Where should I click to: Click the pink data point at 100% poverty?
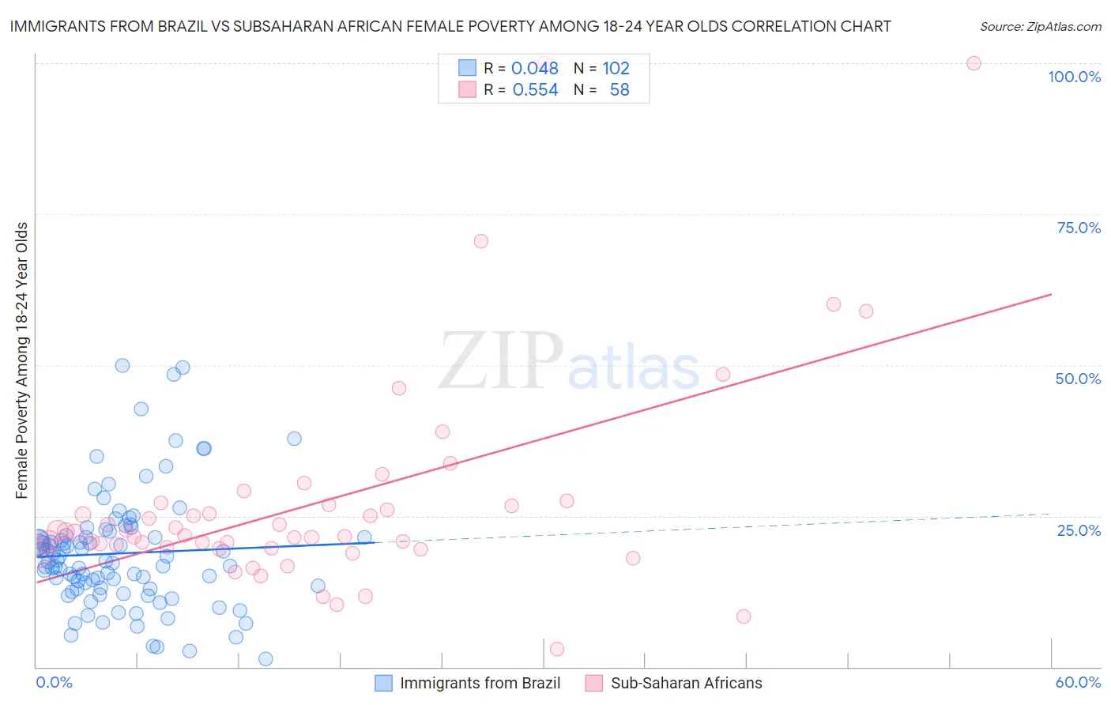pyautogui.click(x=974, y=63)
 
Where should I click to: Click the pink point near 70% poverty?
pyautogui.click(x=480, y=241)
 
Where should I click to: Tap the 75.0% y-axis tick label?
pyautogui.click(x=1079, y=228)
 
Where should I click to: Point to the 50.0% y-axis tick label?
pyautogui.click(x=1078, y=379)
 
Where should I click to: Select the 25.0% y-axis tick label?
pyautogui.click(x=1079, y=530)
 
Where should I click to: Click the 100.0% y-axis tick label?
pyautogui.click(x=1074, y=77)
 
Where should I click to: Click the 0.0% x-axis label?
pyautogui.click(x=54, y=682)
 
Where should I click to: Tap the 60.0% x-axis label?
pyautogui.click(x=1078, y=682)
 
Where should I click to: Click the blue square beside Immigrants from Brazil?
pyautogui.click(x=383, y=683)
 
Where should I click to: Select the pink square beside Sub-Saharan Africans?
pyautogui.click(x=594, y=683)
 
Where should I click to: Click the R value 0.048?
pyautogui.click(x=535, y=68)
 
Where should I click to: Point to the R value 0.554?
pyautogui.click(x=535, y=89)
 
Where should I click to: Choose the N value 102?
pyautogui.click(x=616, y=68)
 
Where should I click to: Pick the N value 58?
pyautogui.click(x=620, y=89)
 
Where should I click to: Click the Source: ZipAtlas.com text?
pyautogui.click(x=1040, y=26)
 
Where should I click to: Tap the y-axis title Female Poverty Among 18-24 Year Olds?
pyautogui.click(x=21, y=360)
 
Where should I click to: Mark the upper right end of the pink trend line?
pyautogui.click(x=1051, y=294)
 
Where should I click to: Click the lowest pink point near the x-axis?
pyautogui.click(x=556, y=649)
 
